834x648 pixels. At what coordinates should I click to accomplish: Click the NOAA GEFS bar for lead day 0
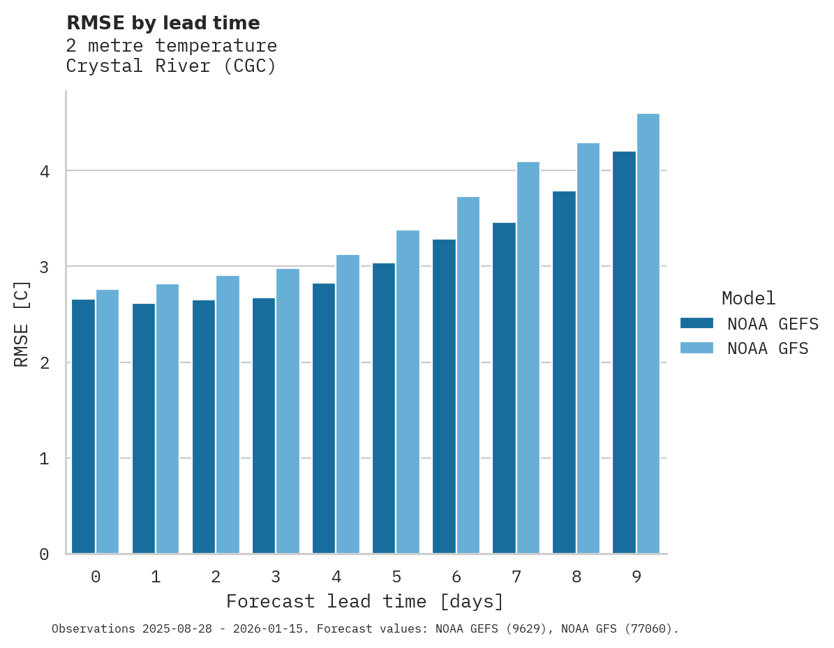tap(83, 427)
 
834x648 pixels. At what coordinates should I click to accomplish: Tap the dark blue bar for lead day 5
tap(384, 408)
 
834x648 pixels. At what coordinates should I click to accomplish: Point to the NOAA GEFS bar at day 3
tap(264, 426)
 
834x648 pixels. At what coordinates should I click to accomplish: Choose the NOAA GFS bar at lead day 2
tap(228, 415)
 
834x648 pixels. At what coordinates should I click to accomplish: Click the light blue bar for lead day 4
tap(348, 404)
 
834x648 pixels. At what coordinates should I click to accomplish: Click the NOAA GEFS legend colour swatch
tap(697, 323)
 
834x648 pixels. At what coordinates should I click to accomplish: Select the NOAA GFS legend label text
tap(768, 348)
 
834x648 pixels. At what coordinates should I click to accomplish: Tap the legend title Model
tap(748, 299)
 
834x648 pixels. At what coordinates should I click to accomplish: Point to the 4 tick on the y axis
tap(44, 171)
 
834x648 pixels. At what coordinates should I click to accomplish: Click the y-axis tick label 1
tap(44, 459)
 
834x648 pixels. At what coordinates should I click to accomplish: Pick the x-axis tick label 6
tap(456, 577)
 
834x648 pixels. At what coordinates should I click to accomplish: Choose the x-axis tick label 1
tap(156, 577)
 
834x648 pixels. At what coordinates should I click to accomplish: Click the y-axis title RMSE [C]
tap(22, 323)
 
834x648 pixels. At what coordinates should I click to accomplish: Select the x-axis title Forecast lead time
tap(364, 601)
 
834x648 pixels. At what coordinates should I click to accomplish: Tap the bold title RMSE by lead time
tap(163, 23)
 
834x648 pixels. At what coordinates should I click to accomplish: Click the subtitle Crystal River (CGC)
tap(171, 66)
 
